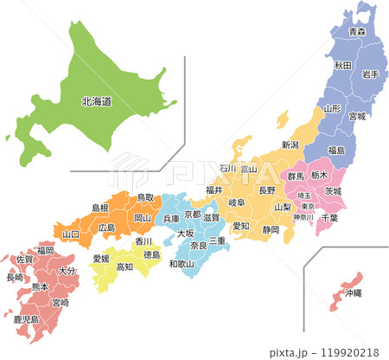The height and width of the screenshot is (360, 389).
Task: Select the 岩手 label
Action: pyautogui.click(x=371, y=74)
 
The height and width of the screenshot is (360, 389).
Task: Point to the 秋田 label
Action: pyautogui.click(x=342, y=66)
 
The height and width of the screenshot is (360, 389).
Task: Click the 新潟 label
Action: pyautogui.click(x=290, y=145)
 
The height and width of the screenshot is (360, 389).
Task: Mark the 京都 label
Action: pyautogui.click(x=192, y=214)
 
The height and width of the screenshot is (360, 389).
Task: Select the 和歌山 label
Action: pyautogui.click(x=182, y=263)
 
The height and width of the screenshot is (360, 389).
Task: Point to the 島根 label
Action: pyautogui.click(x=100, y=209)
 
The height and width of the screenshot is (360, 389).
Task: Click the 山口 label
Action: pyautogui.click(x=71, y=234)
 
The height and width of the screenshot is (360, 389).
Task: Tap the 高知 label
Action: pyautogui.click(x=124, y=267)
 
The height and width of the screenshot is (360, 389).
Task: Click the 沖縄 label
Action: pyautogui.click(x=353, y=293)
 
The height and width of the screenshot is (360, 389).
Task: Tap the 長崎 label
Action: pyautogui.click(x=15, y=278)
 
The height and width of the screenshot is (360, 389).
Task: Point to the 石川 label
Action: pyautogui.click(x=227, y=169)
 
